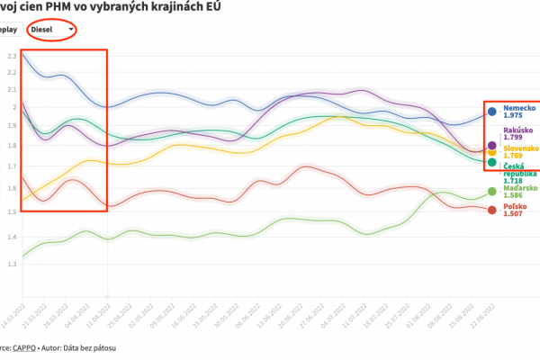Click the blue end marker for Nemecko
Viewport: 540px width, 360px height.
(491, 112)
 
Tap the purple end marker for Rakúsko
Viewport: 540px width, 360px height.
(491, 145)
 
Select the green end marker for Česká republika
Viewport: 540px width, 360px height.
(491, 162)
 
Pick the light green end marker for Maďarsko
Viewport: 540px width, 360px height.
(491, 191)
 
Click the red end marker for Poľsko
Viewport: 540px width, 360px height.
(491, 211)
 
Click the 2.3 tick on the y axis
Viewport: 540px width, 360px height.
(12, 56)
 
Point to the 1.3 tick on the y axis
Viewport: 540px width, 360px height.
(12, 265)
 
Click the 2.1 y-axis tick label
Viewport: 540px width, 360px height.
(12, 89)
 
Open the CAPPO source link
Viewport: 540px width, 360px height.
(22, 346)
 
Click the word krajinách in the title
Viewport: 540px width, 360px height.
(170, 7)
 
